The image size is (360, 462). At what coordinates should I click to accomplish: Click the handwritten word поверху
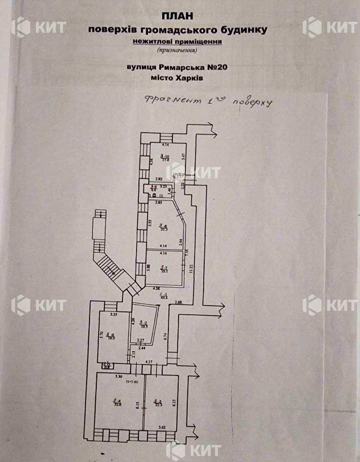(x=253, y=103)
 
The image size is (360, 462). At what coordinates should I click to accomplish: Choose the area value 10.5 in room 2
(x=143, y=325)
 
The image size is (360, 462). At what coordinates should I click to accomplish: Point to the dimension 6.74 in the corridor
(x=165, y=334)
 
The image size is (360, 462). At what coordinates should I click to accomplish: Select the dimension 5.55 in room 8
(x=150, y=224)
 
